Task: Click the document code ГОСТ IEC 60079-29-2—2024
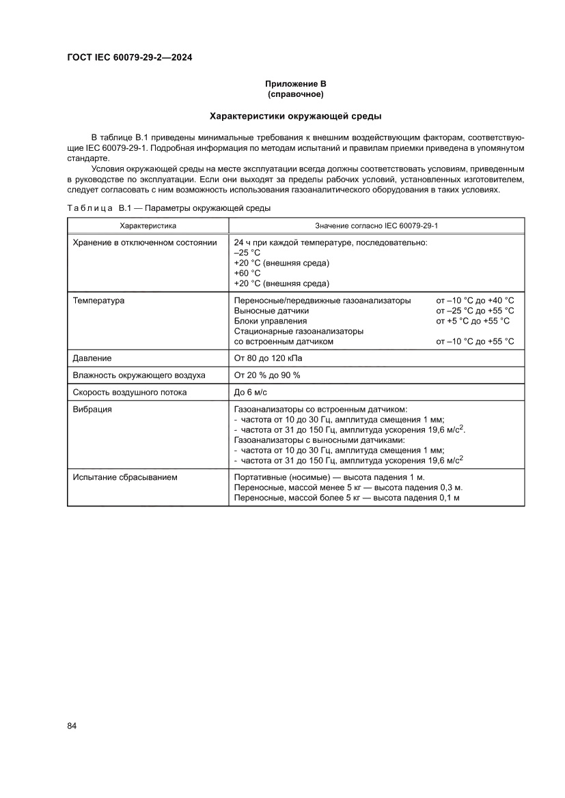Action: pyautogui.click(x=129, y=58)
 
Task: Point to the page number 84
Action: pyautogui.click(x=72, y=725)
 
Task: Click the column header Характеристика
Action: pyautogui.click(x=148, y=225)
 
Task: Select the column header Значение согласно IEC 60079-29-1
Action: pyautogui.click(x=376, y=225)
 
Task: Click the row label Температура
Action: pyautogui.click(x=98, y=300)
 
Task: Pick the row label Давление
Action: pyautogui.click(x=92, y=358)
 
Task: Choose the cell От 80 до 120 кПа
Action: pyautogui.click(x=268, y=358)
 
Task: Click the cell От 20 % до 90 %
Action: pyautogui.click(x=267, y=375)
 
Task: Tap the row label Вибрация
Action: pyautogui.click(x=93, y=410)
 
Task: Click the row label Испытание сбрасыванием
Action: pyautogui.click(x=125, y=477)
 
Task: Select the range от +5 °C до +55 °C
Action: pyautogui.click(x=473, y=321)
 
